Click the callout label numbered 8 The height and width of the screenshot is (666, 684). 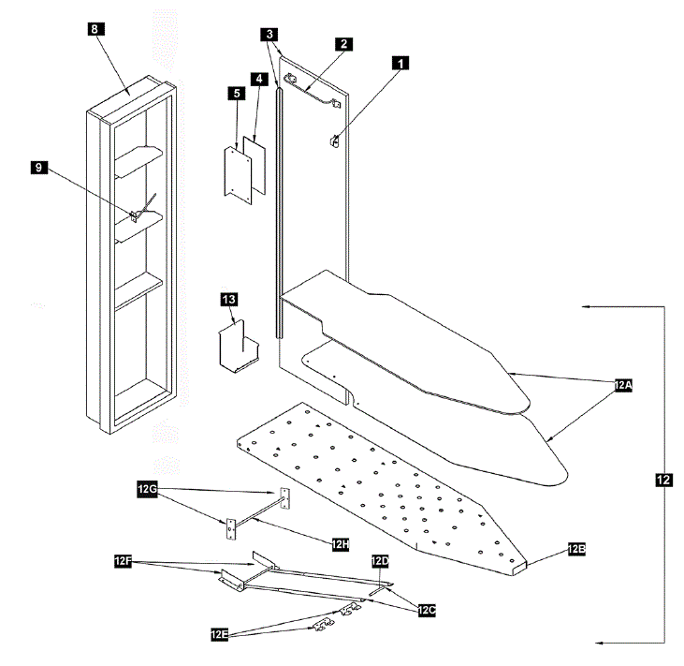(96, 29)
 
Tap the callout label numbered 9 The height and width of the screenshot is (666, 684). (38, 167)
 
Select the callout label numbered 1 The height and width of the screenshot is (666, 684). (401, 64)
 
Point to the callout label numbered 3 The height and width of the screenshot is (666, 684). (269, 34)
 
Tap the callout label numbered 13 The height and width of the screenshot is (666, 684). (229, 299)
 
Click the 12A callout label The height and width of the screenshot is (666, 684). (623, 385)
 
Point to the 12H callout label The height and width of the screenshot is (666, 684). (338, 541)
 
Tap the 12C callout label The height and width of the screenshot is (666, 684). (427, 610)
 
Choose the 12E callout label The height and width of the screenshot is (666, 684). (221, 634)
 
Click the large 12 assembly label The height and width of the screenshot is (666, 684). (663, 480)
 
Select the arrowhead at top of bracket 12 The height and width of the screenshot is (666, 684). (584, 306)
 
